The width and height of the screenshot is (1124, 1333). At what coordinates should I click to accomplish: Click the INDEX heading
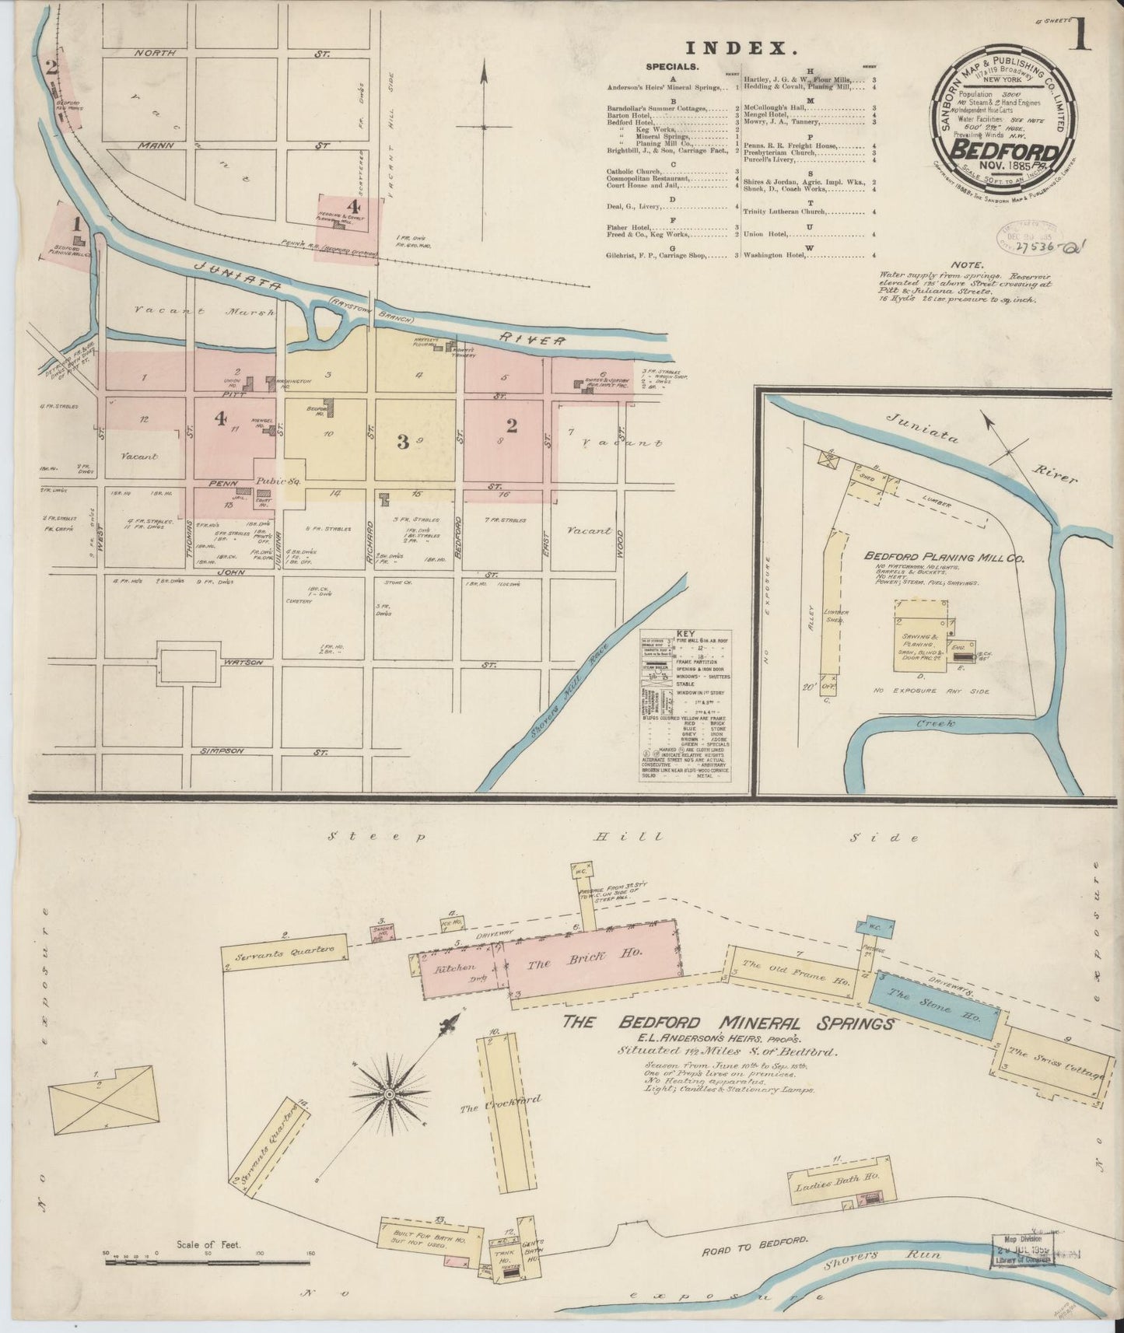pos(741,48)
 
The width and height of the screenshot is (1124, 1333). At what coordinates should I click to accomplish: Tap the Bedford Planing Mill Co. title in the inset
pos(944,558)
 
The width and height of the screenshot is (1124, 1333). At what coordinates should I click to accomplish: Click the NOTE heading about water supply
pos(965,264)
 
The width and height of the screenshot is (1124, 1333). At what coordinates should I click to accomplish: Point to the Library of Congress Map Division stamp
pos(1024,1252)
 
